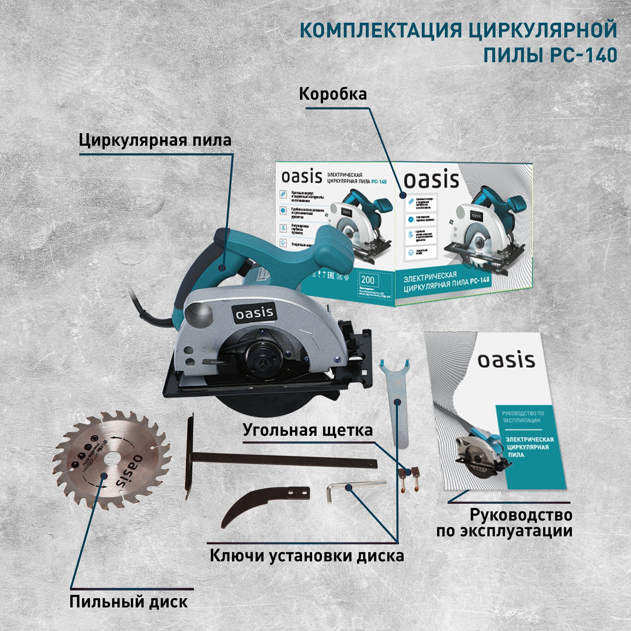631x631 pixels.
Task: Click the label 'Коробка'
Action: [333, 94]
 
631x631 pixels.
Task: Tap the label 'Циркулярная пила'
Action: [155, 140]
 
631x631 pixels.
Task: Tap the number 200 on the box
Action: [368, 280]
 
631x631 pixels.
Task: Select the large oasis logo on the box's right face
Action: [431, 180]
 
